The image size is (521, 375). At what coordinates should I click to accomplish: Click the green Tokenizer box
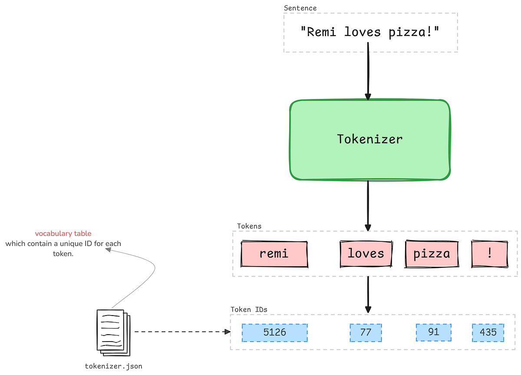pos(369,140)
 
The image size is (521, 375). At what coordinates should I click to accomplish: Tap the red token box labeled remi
pos(274,254)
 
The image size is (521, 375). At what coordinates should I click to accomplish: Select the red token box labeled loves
pos(366,254)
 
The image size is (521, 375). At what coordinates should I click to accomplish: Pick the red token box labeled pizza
pos(432,254)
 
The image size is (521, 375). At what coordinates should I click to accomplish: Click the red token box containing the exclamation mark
pos(490,254)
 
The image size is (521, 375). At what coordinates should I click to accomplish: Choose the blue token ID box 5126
pos(274,332)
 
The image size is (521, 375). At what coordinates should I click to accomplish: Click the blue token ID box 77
pos(366,332)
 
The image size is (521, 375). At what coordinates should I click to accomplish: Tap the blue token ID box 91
pos(433,332)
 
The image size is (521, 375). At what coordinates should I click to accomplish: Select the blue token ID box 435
pos(488,332)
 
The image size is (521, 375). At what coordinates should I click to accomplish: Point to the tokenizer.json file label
pos(113,366)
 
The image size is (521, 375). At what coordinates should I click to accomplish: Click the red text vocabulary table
pos(63,234)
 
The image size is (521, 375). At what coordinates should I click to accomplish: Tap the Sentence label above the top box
pos(300,8)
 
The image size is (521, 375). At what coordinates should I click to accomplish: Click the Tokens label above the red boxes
pos(249,226)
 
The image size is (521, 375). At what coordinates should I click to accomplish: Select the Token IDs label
pos(248,309)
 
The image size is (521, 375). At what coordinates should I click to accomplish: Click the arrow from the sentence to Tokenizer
pos(368,72)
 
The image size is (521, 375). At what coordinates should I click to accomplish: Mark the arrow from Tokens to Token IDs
pos(368,294)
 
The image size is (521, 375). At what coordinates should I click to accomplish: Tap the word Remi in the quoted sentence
pos(321,32)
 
